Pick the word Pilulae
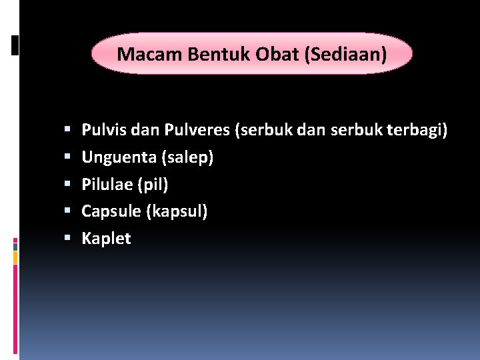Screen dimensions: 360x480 pos(107,184)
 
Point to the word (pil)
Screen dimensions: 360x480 pos(152,184)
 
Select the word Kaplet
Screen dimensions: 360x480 pos(106,239)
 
